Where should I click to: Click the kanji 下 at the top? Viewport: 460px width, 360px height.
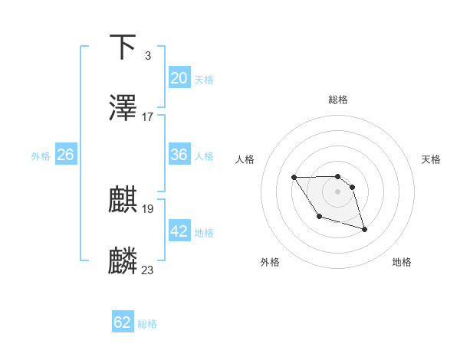coord(123,47)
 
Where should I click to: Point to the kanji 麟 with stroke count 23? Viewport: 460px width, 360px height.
coord(123,261)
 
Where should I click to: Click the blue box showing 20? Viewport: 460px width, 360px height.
coord(179,78)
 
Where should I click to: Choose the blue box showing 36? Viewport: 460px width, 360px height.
coord(179,155)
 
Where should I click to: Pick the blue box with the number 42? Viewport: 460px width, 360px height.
coord(179,231)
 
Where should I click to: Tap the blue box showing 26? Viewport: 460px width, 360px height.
coord(66,155)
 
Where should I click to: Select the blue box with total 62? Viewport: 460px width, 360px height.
coord(123,323)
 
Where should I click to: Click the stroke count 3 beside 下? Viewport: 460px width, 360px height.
coord(148,56)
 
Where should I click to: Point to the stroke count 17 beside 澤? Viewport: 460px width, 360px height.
coord(148,117)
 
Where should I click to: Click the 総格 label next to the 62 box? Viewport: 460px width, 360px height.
coord(147,324)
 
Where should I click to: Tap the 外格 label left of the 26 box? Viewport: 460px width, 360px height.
coord(41,155)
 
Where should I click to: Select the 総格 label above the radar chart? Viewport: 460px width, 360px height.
coord(338,100)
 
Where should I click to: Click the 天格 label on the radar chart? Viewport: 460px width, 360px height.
coord(432,159)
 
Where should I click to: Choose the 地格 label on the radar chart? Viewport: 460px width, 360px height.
coord(402,262)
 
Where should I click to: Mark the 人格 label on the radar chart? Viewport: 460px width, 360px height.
coord(245,159)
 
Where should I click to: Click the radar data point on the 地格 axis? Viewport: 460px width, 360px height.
coord(364,229)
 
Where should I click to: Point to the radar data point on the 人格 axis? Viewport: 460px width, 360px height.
coord(294,178)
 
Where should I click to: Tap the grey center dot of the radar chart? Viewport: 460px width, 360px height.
coord(338,191)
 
